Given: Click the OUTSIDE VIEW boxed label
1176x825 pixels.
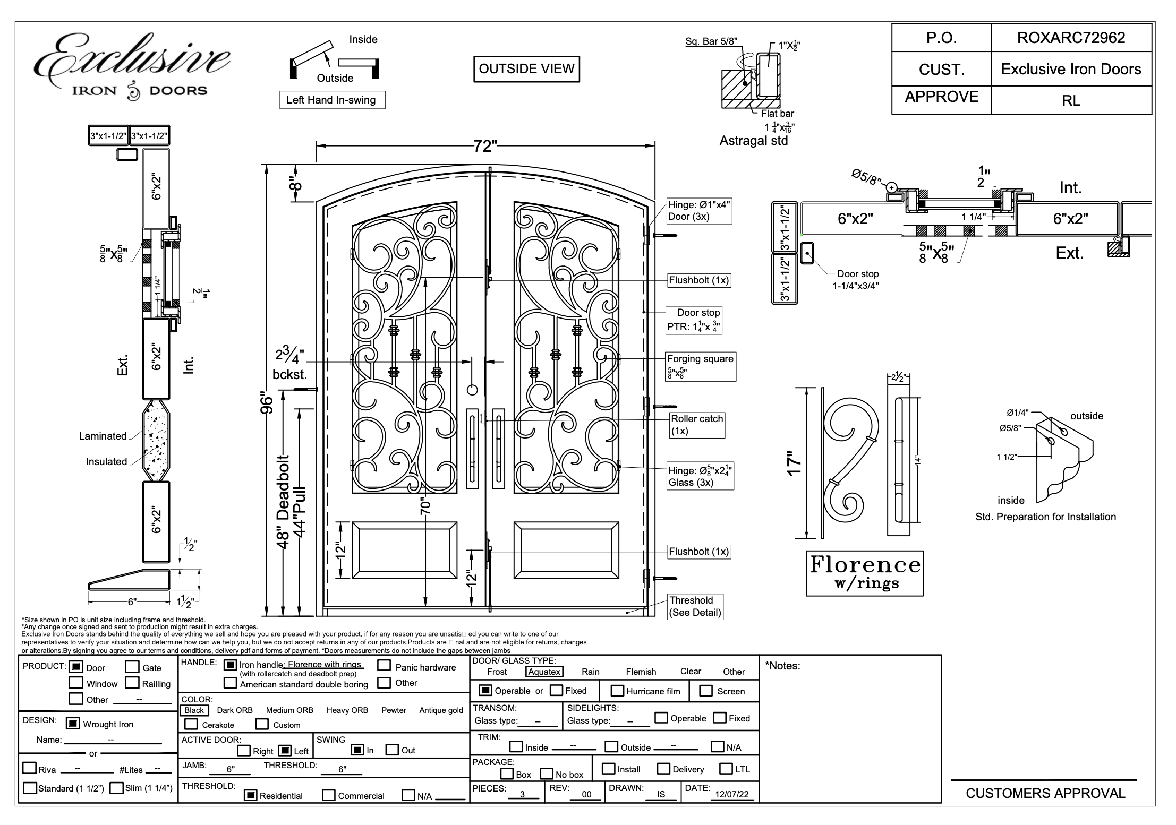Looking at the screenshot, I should pyautogui.click(x=526, y=69).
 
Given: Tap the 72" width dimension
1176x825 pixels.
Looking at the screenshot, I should pyautogui.click(x=485, y=146).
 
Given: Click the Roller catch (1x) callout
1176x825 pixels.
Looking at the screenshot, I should pyautogui.click(x=697, y=425).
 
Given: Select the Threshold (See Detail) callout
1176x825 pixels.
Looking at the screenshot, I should pyautogui.click(x=695, y=606).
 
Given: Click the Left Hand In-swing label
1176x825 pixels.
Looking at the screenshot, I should pyautogui.click(x=331, y=100).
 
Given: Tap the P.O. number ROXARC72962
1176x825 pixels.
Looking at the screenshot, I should pyautogui.click(x=1071, y=38).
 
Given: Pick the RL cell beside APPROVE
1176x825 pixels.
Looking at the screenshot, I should pyautogui.click(x=1071, y=100).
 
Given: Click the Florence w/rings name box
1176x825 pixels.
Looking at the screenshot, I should pyautogui.click(x=865, y=573).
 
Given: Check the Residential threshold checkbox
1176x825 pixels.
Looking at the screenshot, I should pyautogui.click(x=251, y=795).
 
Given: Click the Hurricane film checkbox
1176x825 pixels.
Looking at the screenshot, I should pyautogui.click(x=617, y=691).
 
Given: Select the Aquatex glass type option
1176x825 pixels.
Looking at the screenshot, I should pyautogui.click(x=544, y=672).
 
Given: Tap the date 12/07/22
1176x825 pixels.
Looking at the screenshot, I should pyautogui.click(x=731, y=794).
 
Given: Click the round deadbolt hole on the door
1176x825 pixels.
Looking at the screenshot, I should pyautogui.click(x=472, y=390).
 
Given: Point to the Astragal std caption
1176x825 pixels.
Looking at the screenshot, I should pyautogui.click(x=753, y=141).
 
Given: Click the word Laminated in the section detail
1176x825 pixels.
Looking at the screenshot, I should pyautogui.click(x=103, y=436).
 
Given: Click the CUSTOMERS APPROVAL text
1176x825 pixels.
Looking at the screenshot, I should pyautogui.click(x=1045, y=793).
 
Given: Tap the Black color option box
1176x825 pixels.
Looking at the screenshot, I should pyautogui.click(x=194, y=710).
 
